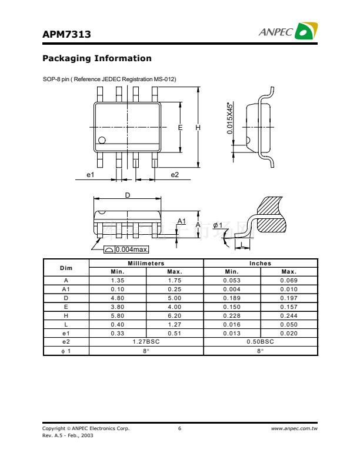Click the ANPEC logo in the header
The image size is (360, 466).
(288, 31)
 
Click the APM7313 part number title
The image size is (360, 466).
(66, 34)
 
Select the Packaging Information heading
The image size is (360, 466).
(97, 58)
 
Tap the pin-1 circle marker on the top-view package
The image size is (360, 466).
(102, 140)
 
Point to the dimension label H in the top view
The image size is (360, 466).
(198, 128)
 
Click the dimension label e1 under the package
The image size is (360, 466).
(91, 175)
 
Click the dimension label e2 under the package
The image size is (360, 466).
(175, 175)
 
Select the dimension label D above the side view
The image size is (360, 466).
(128, 195)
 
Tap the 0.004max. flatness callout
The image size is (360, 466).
(132, 249)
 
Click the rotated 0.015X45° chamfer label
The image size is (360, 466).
(229, 118)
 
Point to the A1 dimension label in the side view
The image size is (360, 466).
(182, 221)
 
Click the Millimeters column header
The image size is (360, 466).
(146, 264)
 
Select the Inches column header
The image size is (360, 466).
(260, 264)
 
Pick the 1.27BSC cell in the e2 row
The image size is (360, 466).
(146, 342)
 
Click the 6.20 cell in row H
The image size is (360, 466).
(174, 315)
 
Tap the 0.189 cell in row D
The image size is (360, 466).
(232, 298)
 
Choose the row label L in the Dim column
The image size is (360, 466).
(66, 325)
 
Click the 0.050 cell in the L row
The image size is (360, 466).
(289, 325)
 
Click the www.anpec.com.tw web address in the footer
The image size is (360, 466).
(294, 428)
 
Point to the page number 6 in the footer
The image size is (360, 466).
(179, 428)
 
